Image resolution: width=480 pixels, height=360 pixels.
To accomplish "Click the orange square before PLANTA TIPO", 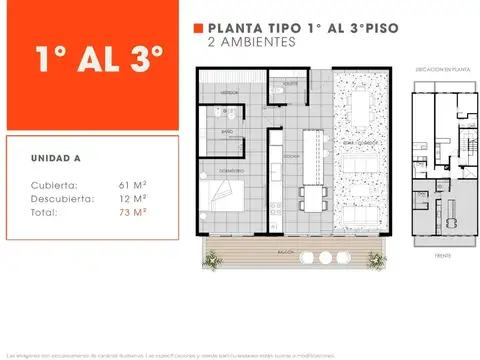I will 198,29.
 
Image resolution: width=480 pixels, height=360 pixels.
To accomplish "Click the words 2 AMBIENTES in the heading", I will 251,43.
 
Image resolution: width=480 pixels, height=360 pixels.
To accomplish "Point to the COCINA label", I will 292,158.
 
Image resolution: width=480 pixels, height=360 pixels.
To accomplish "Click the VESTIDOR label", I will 228,90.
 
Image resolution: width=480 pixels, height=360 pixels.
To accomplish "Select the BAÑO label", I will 227,131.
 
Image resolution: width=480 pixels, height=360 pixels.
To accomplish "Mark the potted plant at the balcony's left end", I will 211,260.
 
